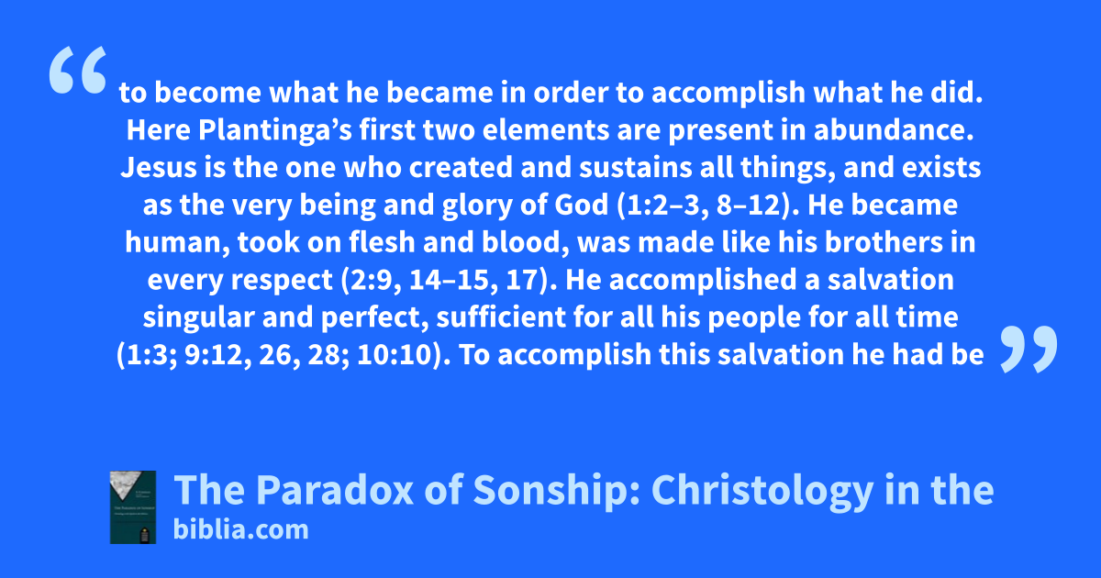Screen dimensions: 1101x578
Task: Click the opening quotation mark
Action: pos(78,70)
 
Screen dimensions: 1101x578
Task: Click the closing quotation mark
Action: pos(1029,349)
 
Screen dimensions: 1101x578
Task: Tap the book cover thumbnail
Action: pos(133,507)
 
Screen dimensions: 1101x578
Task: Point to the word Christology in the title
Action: pos(762,492)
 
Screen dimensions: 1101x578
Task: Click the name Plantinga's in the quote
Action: pos(274,130)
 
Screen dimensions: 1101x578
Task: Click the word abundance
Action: pos(894,130)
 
